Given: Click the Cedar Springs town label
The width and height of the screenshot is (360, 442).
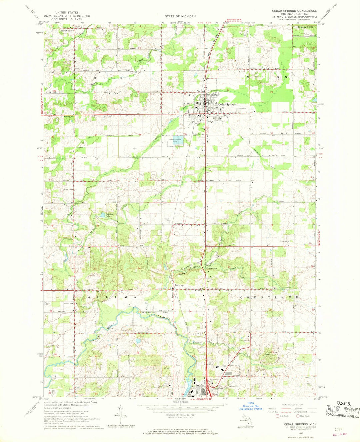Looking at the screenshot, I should click(x=227, y=104).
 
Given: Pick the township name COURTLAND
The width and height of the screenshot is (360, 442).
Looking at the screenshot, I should click(x=269, y=297).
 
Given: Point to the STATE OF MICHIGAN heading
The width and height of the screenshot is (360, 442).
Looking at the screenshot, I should click(x=180, y=16).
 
